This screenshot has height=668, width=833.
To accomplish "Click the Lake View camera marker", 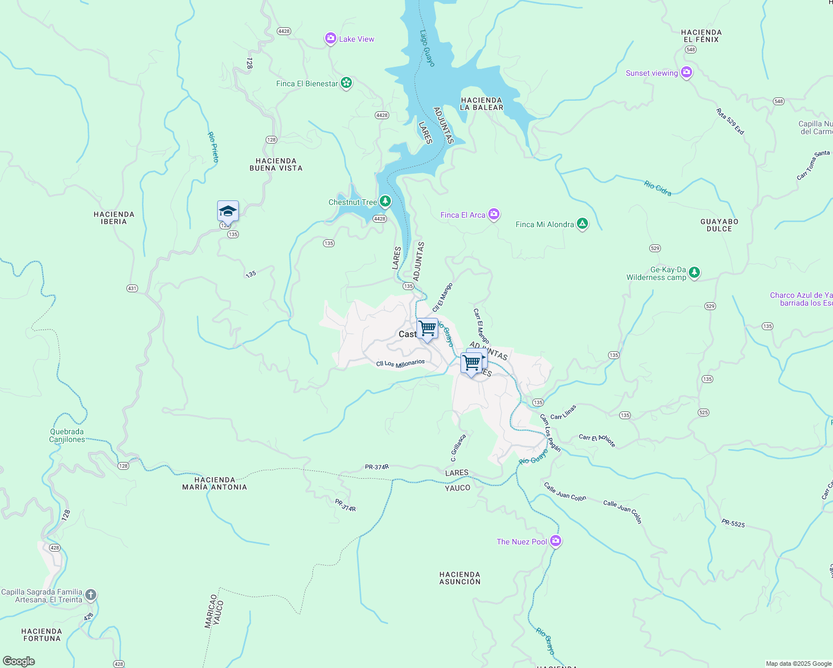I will pyautogui.click(x=331, y=38).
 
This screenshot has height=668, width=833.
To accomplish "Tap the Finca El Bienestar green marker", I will pyautogui.click(x=346, y=83).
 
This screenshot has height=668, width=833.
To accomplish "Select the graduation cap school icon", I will pyautogui.click(x=228, y=212).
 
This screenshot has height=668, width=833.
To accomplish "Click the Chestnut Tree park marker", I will pyautogui.click(x=385, y=202).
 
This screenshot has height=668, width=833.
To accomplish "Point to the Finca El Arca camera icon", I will pyautogui.click(x=494, y=214).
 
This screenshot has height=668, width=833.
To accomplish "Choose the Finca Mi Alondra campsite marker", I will pyautogui.click(x=582, y=224).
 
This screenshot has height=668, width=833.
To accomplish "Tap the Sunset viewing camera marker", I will pyautogui.click(x=687, y=72).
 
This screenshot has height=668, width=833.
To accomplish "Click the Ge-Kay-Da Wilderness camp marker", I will pyautogui.click(x=694, y=272).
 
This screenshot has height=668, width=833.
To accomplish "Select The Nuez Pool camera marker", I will pyautogui.click(x=555, y=541).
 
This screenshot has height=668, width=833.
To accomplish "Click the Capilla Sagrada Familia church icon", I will pyautogui.click(x=91, y=595).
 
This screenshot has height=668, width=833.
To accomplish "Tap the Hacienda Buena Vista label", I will pyautogui.click(x=276, y=164).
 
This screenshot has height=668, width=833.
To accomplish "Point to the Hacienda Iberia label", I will pyautogui.click(x=114, y=218).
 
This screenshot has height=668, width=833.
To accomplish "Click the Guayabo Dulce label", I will pyautogui.click(x=719, y=225).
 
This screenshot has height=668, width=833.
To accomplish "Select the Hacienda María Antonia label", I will pyautogui.click(x=215, y=483).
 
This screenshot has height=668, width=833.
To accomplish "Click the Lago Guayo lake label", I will pyautogui.click(x=427, y=48).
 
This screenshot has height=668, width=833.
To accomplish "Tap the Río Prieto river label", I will pyautogui.click(x=214, y=147).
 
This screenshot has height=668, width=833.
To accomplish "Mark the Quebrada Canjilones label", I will pyautogui.click(x=67, y=435).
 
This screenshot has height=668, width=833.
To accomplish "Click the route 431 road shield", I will pyautogui.click(x=132, y=288).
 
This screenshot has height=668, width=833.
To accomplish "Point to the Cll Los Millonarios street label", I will pyautogui.click(x=400, y=364).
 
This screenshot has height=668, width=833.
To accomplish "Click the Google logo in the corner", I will pyautogui.click(x=19, y=661).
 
